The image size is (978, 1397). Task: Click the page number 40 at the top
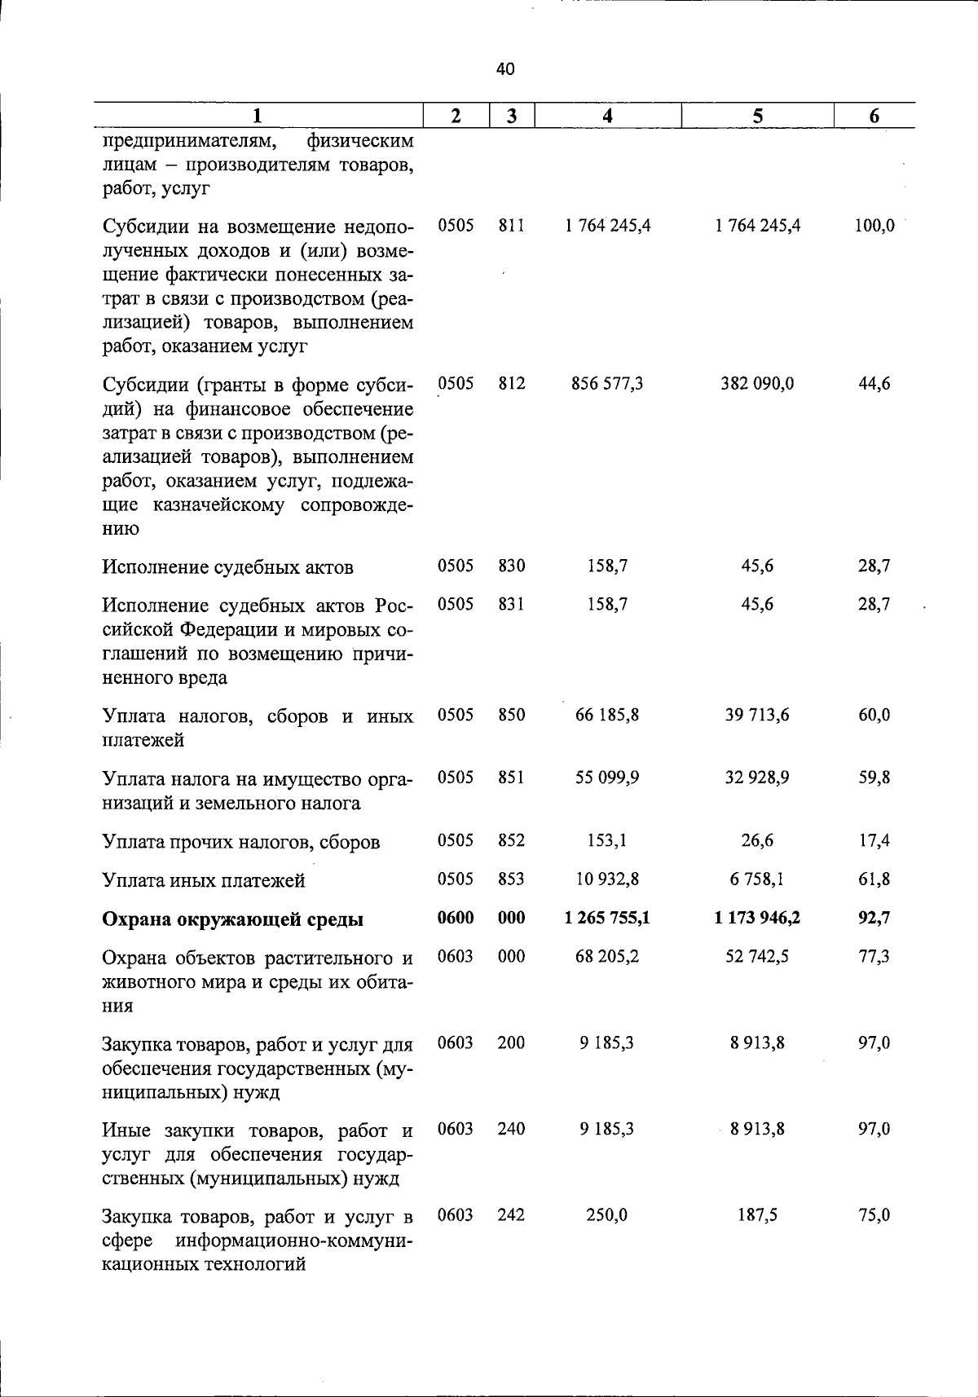point(505,69)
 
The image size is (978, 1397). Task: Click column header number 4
point(607,116)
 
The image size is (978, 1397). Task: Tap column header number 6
point(874,116)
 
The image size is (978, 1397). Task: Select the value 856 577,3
point(607,383)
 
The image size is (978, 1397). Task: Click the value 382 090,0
point(757,383)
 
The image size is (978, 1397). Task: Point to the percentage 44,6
point(874,383)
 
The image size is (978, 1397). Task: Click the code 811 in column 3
point(512,226)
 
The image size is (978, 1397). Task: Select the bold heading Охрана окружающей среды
point(233,919)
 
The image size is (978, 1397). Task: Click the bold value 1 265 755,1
point(607,918)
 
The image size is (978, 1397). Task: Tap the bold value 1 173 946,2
point(757,918)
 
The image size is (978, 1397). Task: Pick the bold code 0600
point(456,918)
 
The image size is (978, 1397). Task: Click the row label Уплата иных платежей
point(204,880)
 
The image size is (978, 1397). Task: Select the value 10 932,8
point(607,879)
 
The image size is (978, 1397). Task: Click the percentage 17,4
point(874,840)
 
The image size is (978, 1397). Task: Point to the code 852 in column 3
point(512,840)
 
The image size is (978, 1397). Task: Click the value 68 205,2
point(607,956)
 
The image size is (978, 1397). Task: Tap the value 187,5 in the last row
point(757,1215)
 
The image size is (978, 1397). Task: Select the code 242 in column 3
point(512,1215)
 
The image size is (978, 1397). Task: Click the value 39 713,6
point(757,715)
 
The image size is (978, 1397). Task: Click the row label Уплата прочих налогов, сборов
point(241,842)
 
